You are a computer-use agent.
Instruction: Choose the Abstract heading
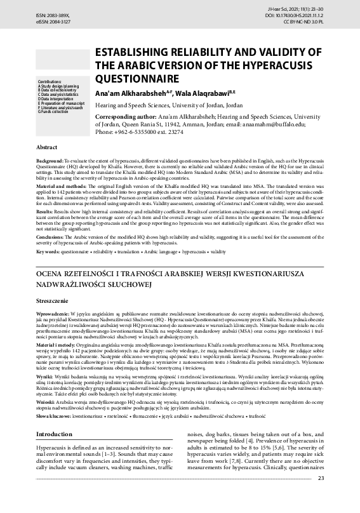point(48,147)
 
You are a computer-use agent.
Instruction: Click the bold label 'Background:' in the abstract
point(50,163)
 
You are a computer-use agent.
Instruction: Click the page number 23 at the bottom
point(339,496)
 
